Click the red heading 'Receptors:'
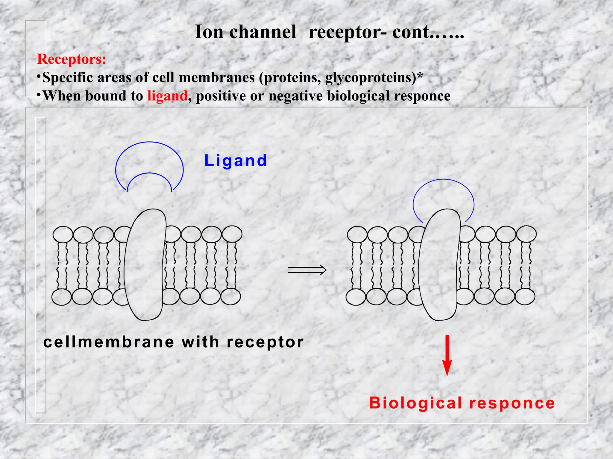(x=71, y=59)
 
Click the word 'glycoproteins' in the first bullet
(x=370, y=78)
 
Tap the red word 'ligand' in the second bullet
(x=167, y=96)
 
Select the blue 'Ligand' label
(x=236, y=161)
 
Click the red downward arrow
(x=447, y=356)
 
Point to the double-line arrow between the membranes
(x=307, y=270)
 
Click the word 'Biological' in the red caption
(x=415, y=403)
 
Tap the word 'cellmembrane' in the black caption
(x=109, y=342)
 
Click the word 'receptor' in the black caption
(x=265, y=342)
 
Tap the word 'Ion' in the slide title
(x=209, y=32)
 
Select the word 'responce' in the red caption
(x=512, y=403)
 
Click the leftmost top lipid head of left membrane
(x=63, y=234)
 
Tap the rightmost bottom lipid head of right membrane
(x=525, y=297)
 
